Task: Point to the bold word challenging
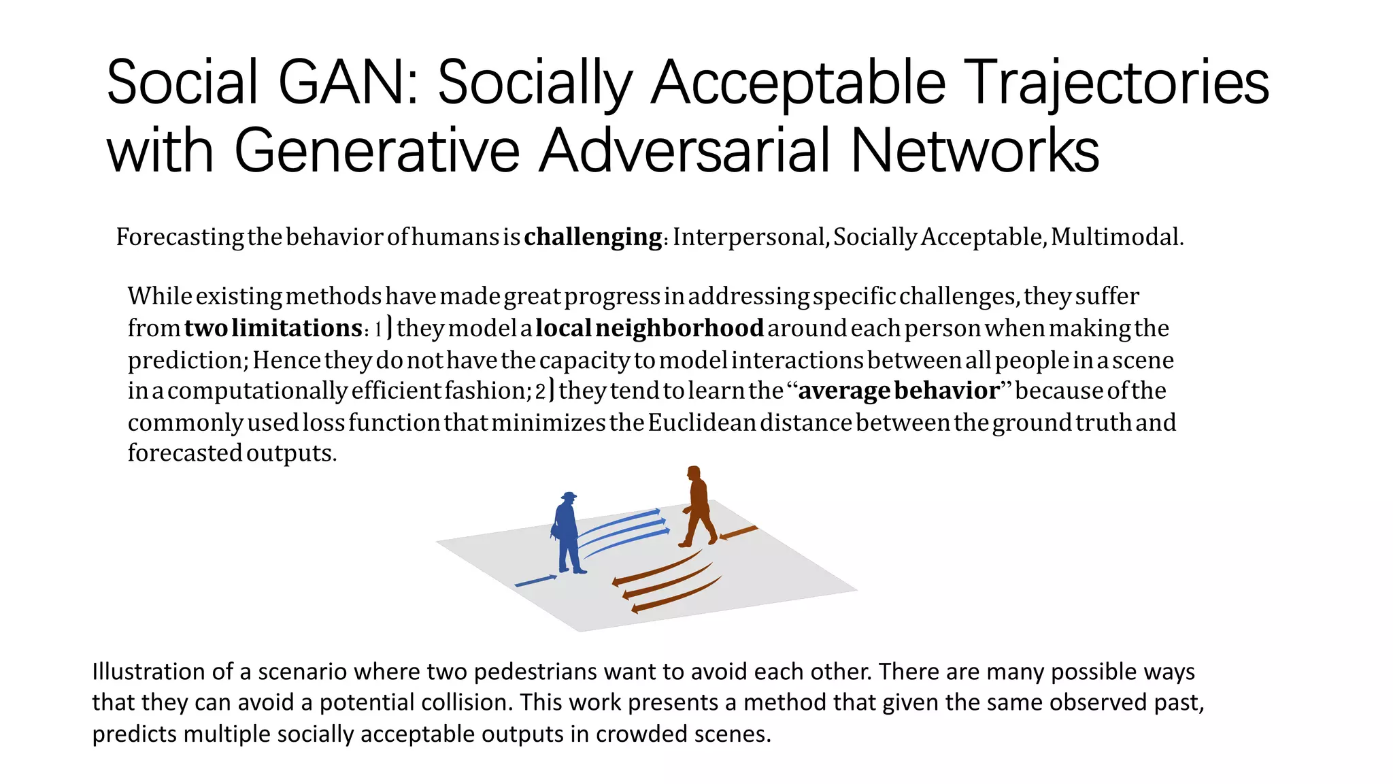click(x=593, y=237)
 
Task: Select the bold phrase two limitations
click(x=273, y=328)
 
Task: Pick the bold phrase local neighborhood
click(x=650, y=328)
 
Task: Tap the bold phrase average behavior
click(x=899, y=391)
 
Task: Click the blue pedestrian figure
click(x=567, y=534)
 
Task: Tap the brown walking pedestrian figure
click(x=698, y=507)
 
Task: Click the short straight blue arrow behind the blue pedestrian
click(x=536, y=581)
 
